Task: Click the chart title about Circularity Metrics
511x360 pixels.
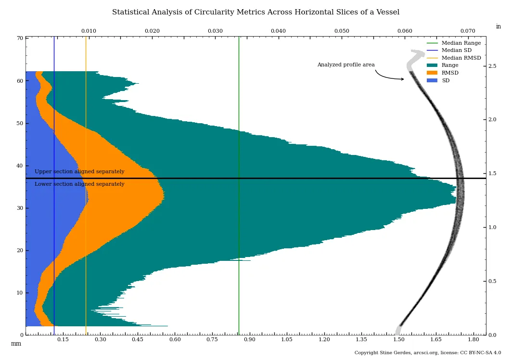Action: (255, 13)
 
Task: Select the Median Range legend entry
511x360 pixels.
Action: (461, 43)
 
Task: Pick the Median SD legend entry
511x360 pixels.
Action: (457, 51)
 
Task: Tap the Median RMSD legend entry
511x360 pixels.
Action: (461, 58)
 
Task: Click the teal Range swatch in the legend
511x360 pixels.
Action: (432, 65)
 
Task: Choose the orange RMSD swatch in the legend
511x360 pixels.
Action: (432, 73)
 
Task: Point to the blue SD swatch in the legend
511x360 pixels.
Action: (432, 81)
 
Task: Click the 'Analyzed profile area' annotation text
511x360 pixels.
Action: (345, 65)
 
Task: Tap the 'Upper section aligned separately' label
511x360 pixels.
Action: (79, 172)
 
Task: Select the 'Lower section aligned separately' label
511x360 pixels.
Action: (79, 184)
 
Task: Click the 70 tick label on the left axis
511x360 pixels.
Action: (20, 39)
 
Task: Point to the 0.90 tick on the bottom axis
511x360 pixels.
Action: (249, 340)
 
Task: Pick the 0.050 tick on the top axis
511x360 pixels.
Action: (342, 31)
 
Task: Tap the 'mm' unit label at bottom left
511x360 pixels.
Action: (16, 344)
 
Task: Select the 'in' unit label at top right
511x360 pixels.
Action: (498, 27)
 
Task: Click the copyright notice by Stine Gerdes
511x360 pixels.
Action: (428, 353)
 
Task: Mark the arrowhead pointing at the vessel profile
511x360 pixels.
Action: (402, 79)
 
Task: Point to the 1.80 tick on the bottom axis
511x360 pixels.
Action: (473, 340)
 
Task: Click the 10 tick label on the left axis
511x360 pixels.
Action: (20, 293)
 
